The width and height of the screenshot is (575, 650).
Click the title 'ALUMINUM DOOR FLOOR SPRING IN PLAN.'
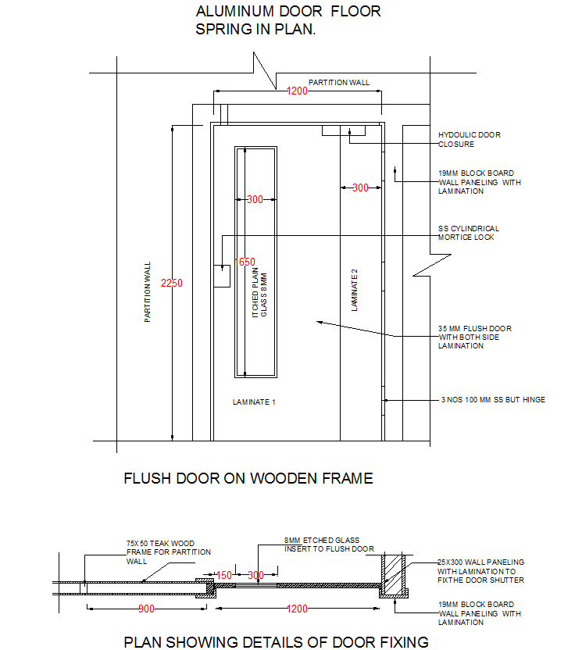[288, 21]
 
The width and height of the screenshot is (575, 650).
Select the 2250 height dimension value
[171, 283]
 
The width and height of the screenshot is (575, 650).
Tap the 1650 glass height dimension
[245, 262]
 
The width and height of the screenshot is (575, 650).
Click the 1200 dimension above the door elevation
[297, 91]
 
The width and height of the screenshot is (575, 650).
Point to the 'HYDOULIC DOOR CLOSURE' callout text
[469, 140]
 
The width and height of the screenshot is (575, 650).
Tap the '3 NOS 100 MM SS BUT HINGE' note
[493, 400]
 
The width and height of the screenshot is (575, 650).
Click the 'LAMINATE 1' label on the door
[255, 402]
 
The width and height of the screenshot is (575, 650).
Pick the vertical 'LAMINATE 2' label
[355, 290]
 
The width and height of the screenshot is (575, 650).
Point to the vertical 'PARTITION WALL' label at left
[148, 292]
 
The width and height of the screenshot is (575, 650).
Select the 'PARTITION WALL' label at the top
[339, 82]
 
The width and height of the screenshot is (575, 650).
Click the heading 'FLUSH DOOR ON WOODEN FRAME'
[248, 478]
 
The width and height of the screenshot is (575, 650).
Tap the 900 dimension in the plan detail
[145, 609]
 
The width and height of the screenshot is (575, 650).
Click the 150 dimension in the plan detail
[224, 576]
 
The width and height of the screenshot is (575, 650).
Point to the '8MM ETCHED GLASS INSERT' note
[329, 544]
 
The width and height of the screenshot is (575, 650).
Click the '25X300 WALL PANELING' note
[480, 571]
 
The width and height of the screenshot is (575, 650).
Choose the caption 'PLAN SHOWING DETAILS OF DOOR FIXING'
[277, 642]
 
